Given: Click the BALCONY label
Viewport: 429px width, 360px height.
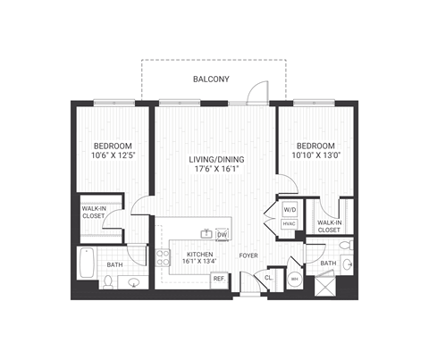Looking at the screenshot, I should (x=211, y=80).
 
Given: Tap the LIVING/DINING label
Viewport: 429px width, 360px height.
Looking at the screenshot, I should (x=216, y=160).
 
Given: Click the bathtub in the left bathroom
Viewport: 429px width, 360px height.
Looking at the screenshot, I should (x=88, y=262).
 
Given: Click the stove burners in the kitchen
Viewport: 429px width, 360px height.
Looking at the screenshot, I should (x=164, y=259).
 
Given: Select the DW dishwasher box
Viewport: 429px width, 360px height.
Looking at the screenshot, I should (x=221, y=235).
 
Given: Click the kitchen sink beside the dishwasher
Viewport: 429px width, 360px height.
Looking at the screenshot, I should (x=206, y=235).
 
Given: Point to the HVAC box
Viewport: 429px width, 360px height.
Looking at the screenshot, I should (x=290, y=224).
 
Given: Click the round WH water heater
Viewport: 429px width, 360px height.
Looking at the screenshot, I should (x=294, y=280).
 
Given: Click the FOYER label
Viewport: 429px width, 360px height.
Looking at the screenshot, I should (x=248, y=256).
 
